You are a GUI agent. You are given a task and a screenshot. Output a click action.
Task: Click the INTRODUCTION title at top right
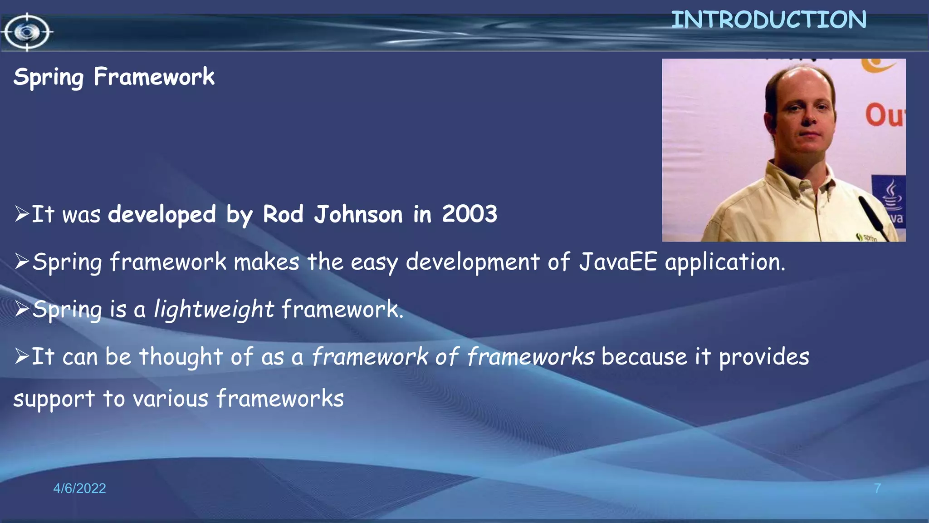pyautogui.click(x=768, y=20)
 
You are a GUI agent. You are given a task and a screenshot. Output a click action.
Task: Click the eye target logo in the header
pyautogui.click(x=27, y=32)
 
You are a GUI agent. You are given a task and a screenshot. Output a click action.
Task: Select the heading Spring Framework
pyautogui.click(x=114, y=77)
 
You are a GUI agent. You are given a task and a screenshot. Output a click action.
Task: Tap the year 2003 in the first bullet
pyautogui.click(x=469, y=214)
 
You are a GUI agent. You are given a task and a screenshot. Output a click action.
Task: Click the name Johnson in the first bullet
pyautogui.click(x=358, y=214)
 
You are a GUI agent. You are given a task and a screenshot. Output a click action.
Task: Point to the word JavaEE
pyautogui.click(x=618, y=262)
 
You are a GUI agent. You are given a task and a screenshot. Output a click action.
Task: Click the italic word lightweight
pyautogui.click(x=214, y=310)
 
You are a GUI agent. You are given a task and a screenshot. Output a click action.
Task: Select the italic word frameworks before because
pyautogui.click(x=530, y=356)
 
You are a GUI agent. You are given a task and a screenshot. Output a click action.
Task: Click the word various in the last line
pyautogui.click(x=170, y=399)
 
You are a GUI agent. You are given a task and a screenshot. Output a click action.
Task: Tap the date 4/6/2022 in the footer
pyautogui.click(x=79, y=488)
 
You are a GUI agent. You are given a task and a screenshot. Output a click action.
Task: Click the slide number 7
pyautogui.click(x=877, y=488)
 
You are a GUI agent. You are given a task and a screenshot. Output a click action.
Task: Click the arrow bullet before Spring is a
pyautogui.click(x=22, y=309)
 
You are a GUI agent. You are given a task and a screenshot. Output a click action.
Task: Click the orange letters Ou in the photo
pyautogui.click(x=884, y=116)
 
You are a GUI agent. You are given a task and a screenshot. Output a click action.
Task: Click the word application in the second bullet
pyautogui.click(x=724, y=263)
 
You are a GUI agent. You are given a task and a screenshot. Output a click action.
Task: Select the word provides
pyautogui.click(x=764, y=357)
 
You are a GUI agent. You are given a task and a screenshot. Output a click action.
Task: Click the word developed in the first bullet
pyautogui.click(x=162, y=214)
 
